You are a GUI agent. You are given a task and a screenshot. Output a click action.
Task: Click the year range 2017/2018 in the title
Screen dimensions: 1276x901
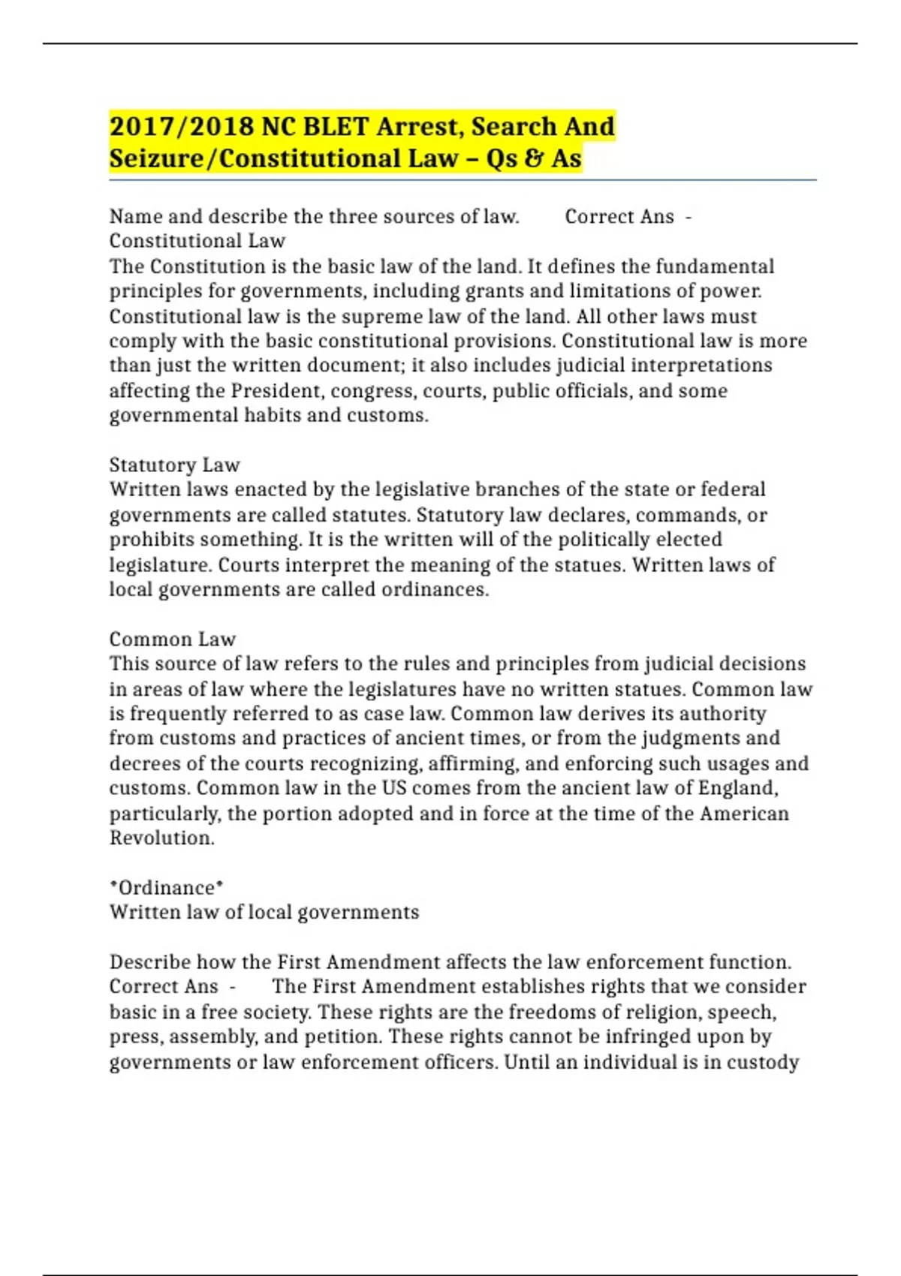click(182, 126)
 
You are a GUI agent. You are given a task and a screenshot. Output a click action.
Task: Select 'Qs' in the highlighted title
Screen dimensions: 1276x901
click(502, 158)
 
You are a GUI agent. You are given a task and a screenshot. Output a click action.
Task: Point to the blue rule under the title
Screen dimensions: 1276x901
click(463, 180)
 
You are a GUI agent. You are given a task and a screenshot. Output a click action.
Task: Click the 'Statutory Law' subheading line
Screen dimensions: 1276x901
click(174, 465)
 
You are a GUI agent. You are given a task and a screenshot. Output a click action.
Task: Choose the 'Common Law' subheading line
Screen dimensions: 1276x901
click(173, 639)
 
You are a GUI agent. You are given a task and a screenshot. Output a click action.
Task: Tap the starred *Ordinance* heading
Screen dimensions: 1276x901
click(167, 887)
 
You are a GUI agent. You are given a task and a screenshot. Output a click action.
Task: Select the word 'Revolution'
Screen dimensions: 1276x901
click(162, 838)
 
